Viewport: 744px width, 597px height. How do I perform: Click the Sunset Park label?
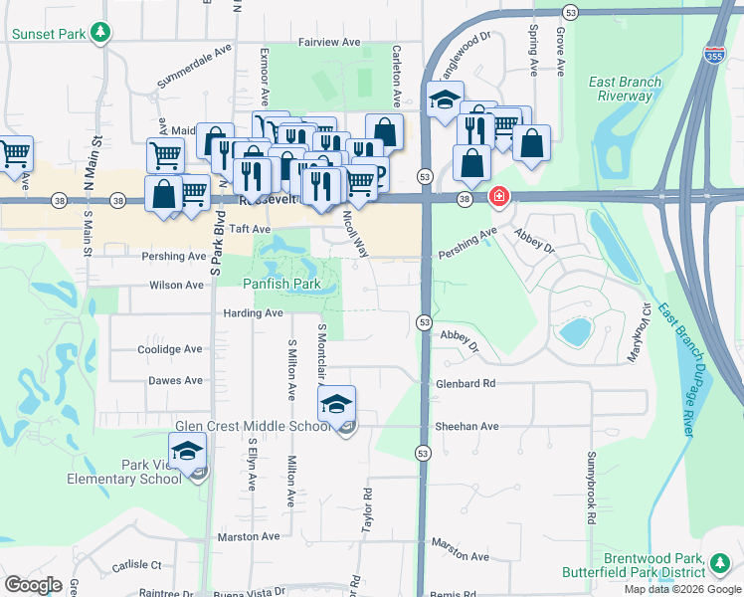pyautogui.click(x=48, y=34)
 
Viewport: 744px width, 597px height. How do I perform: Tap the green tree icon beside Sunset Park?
pyautogui.click(x=99, y=33)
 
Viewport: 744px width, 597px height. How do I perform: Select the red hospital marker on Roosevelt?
pyautogui.click(x=497, y=198)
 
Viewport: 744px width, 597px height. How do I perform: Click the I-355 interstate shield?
pyautogui.click(x=713, y=53)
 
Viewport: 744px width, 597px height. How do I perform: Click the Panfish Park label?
pyautogui.click(x=280, y=285)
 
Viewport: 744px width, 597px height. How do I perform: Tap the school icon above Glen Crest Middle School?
pyautogui.click(x=336, y=403)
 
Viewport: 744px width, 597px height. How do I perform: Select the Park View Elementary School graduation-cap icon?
pyautogui.click(x=187, y=450)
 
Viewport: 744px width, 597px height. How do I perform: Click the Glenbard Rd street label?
pyautogui.click(x=465, y=384)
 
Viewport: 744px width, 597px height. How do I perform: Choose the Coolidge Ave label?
pyautogui.click(x=169, y=349)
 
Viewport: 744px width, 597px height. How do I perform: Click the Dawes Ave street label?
pyautogui.click(x=175, y=380)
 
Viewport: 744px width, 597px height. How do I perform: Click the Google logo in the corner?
pyautogui.click(x=33, y=584)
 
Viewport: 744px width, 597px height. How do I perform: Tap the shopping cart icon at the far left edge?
pyautogui.click(x=14, y=154)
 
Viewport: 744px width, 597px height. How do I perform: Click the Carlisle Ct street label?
pyautogui.click(x=137, y=564)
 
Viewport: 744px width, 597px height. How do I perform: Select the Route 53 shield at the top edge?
pyautogui.click(x=569, y=12)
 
